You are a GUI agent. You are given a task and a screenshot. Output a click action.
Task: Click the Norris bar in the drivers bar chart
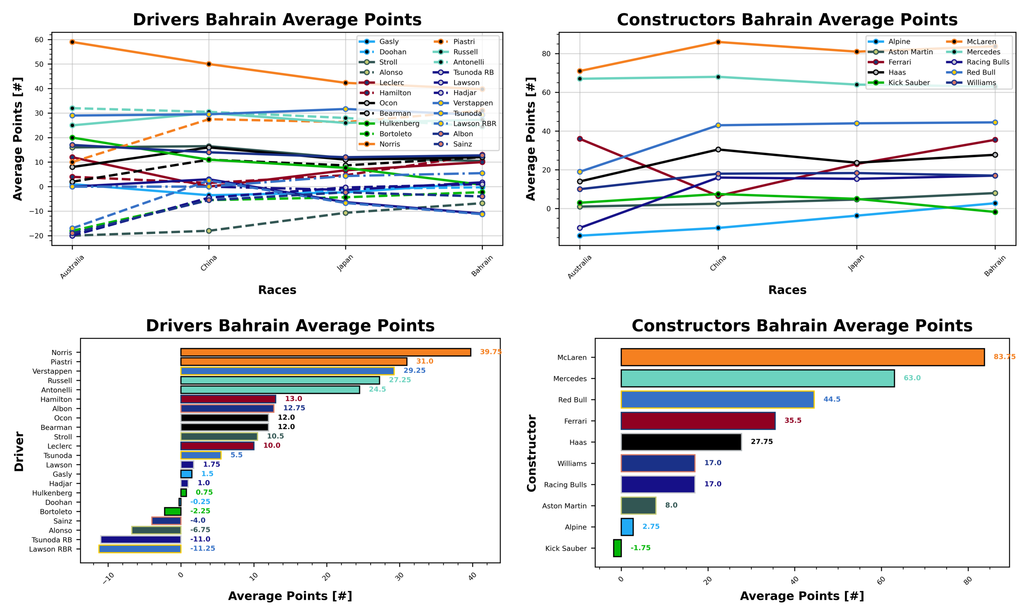pyautogui.click(x=325, y=352)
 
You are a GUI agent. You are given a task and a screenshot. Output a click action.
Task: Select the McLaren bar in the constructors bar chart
pyautogui.click(x=802, y=357)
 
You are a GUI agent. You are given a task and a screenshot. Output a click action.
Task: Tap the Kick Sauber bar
pyautogui.click(x=617, y=548)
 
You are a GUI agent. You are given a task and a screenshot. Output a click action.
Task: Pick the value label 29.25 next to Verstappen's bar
pyautogui.click(x=414, y=371)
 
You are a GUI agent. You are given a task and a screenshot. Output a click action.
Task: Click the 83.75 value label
pyautogui.click(x=1004, y=357)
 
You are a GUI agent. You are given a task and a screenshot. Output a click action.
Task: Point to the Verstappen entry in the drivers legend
pyautogui.click(x=472, y=103)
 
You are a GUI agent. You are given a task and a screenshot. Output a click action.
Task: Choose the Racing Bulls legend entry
pyautogui.click(x=988, y=62)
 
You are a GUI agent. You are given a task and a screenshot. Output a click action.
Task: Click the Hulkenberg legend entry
pyautogui.click(x=399, y=124)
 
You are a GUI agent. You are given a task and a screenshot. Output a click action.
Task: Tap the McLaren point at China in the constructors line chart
pyautogui.click(x=718, y=42)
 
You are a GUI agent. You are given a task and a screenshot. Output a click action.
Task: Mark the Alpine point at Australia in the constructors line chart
pyautogui.click(x=579, y=236)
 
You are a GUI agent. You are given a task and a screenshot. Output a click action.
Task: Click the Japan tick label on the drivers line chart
pyautogui.click(x=345, y=263)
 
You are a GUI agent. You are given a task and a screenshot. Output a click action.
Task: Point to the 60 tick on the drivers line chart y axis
pyautogui.click(x=39, y=40)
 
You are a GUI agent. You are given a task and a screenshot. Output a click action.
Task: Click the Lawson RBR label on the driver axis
pyautogui.click(x=51, y=549)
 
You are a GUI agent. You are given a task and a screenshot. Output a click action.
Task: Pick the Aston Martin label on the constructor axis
pyautogui.click(x=564, y=506)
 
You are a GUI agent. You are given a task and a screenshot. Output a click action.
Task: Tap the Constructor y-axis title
pyautogui.click(x=531, y=453)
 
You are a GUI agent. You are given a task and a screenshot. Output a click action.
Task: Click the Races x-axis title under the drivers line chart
pyautogui.click(x=277, y=290)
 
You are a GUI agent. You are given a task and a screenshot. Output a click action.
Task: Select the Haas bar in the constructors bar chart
pyautogui.click(x=681, y=442)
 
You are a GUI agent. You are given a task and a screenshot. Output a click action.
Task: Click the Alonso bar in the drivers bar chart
pyautogui.click(x=156, y=530)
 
